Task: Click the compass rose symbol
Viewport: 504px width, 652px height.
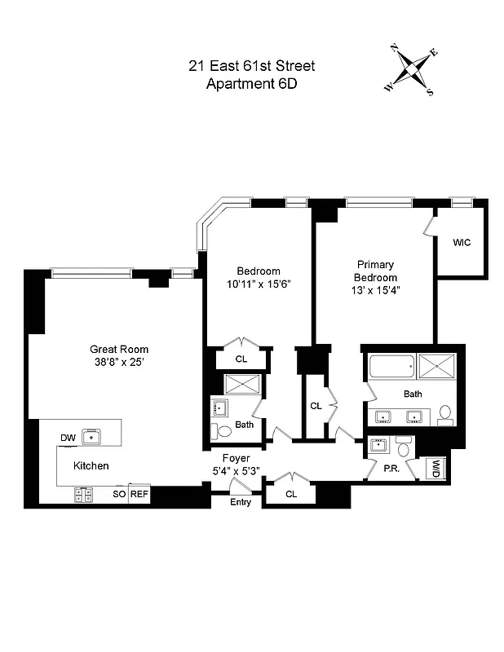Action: point(412,70)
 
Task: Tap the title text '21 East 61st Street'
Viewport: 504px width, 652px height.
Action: point(251,66)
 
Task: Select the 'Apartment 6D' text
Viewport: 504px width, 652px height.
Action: point(251,84)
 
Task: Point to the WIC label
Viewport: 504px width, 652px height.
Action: point(462,243)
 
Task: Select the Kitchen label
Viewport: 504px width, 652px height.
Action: point(91,465)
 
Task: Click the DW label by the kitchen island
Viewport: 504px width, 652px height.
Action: point(69,438)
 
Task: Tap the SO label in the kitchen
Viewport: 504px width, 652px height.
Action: point(118,494)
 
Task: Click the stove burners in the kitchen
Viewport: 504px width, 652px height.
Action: point(83,494)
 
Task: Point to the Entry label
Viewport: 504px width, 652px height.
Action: point(240,501)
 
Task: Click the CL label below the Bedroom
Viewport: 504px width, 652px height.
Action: point(241,359)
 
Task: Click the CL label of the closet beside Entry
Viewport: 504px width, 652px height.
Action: point(291,494)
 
